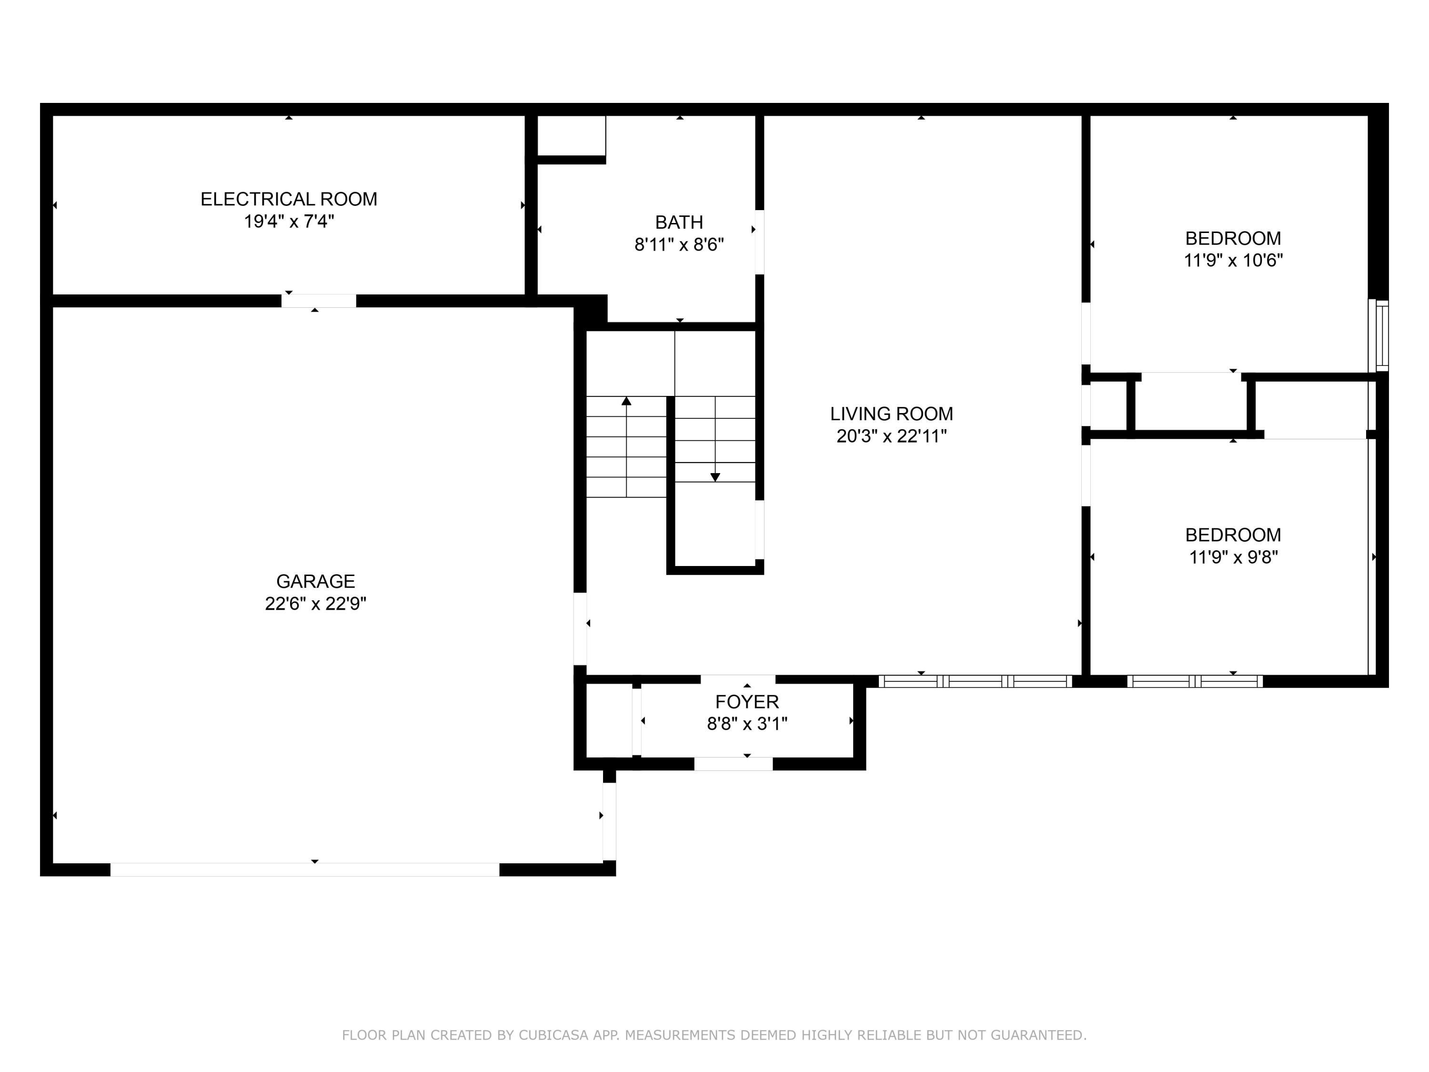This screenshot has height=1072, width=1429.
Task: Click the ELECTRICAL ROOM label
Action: point(289,199)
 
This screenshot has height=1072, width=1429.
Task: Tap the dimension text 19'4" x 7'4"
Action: point(289,222)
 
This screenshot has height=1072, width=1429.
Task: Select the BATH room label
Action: point(679,222)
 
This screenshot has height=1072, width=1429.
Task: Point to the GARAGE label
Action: point(315,581)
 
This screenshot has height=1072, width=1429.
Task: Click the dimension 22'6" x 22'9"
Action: point(315,604)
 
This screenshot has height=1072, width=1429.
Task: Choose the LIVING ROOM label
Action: point(892,414)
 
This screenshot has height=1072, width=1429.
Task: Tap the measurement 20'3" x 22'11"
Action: point(892,436)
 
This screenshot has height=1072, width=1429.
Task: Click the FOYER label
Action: point(747,702)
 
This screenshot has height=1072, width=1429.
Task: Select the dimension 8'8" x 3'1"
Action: point(747,724)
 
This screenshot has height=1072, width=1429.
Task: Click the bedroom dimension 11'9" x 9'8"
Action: point(1233,557)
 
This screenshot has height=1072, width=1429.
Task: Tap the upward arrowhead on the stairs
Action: point(626,401)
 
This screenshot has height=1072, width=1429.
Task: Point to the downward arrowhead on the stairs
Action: point(715,477)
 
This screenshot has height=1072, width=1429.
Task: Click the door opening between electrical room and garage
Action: point(319,301)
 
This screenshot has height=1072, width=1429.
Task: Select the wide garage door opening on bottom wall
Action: point(305,870)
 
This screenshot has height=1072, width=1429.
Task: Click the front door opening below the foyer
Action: point(733,764)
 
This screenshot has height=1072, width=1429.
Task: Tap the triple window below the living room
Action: point(975,681)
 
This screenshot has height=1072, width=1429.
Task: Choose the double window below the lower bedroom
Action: point(1195,681)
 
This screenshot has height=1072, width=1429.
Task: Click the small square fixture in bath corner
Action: point(571,136)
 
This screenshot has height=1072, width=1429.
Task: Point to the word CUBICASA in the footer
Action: point(553,1035)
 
